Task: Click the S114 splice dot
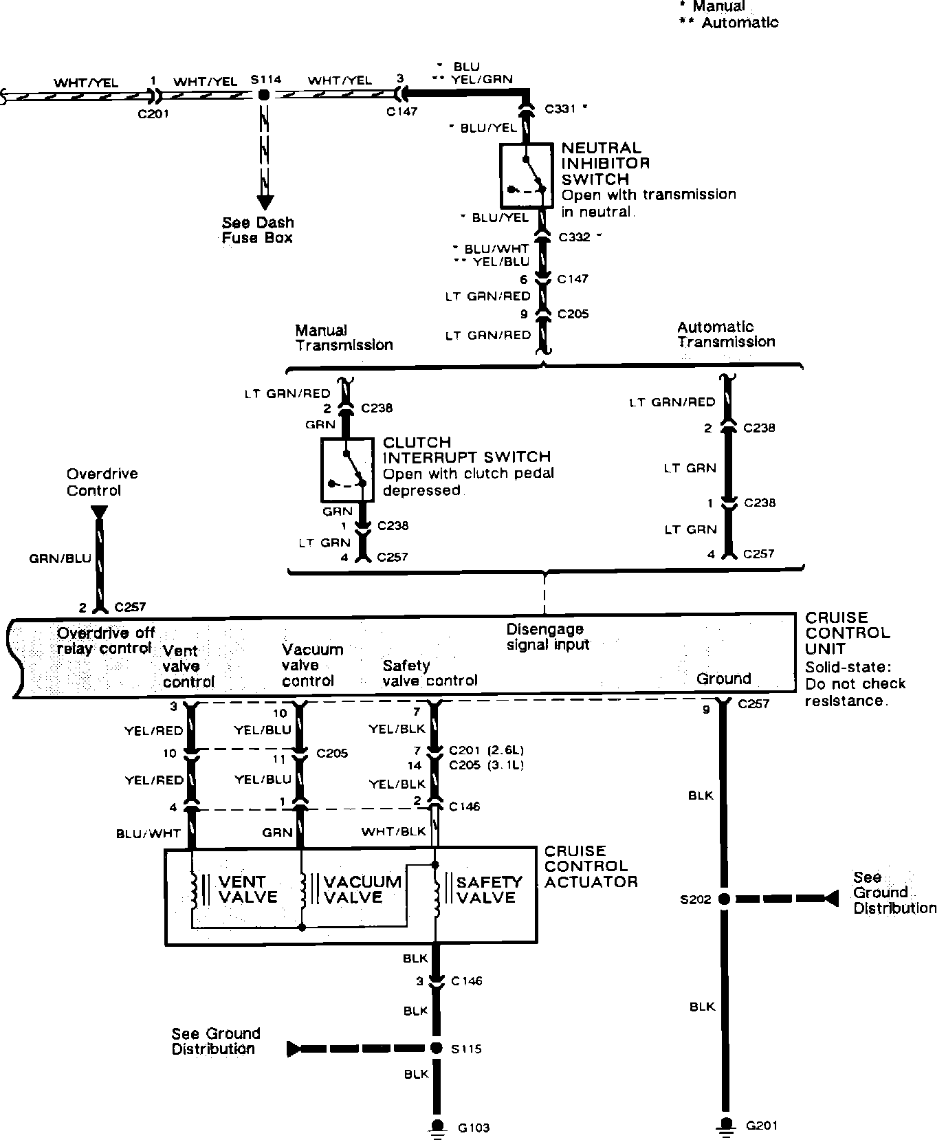pyautogui.click(x=263, y=95)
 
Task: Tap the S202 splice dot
pyautogui.click(x=724, y=899)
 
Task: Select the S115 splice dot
pyautogui.click(x=436, y=1048)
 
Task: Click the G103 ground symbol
pyautogui.click(x=436, y=1126)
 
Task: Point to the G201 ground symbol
pyautogui.click(x=724, y=1125)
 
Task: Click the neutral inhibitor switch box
pyautogui.click(x=526, y=175)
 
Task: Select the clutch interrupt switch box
pyautogui.click(x=347, y=470)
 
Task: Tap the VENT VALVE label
pyautogui.click(x=247, y=889)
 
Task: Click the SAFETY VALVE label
pyautogui.click(x=489, y=889)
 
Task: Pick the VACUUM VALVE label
pyautogui.click(x=362, y=889)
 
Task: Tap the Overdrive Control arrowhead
pyautogui.click(x=99, y=512)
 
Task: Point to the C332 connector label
pyautogui.click(x=575, y=237)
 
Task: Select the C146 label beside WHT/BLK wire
pyautogui.click(x=464, y=807)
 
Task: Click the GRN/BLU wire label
pyautogui.click(x=60, y=558)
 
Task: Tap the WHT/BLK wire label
pyautogui.click(x=393, y=831)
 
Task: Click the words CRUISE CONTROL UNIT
pyautogui.click(x=847, y=633)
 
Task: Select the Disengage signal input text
pyautogui.click(x=547, y=637)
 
